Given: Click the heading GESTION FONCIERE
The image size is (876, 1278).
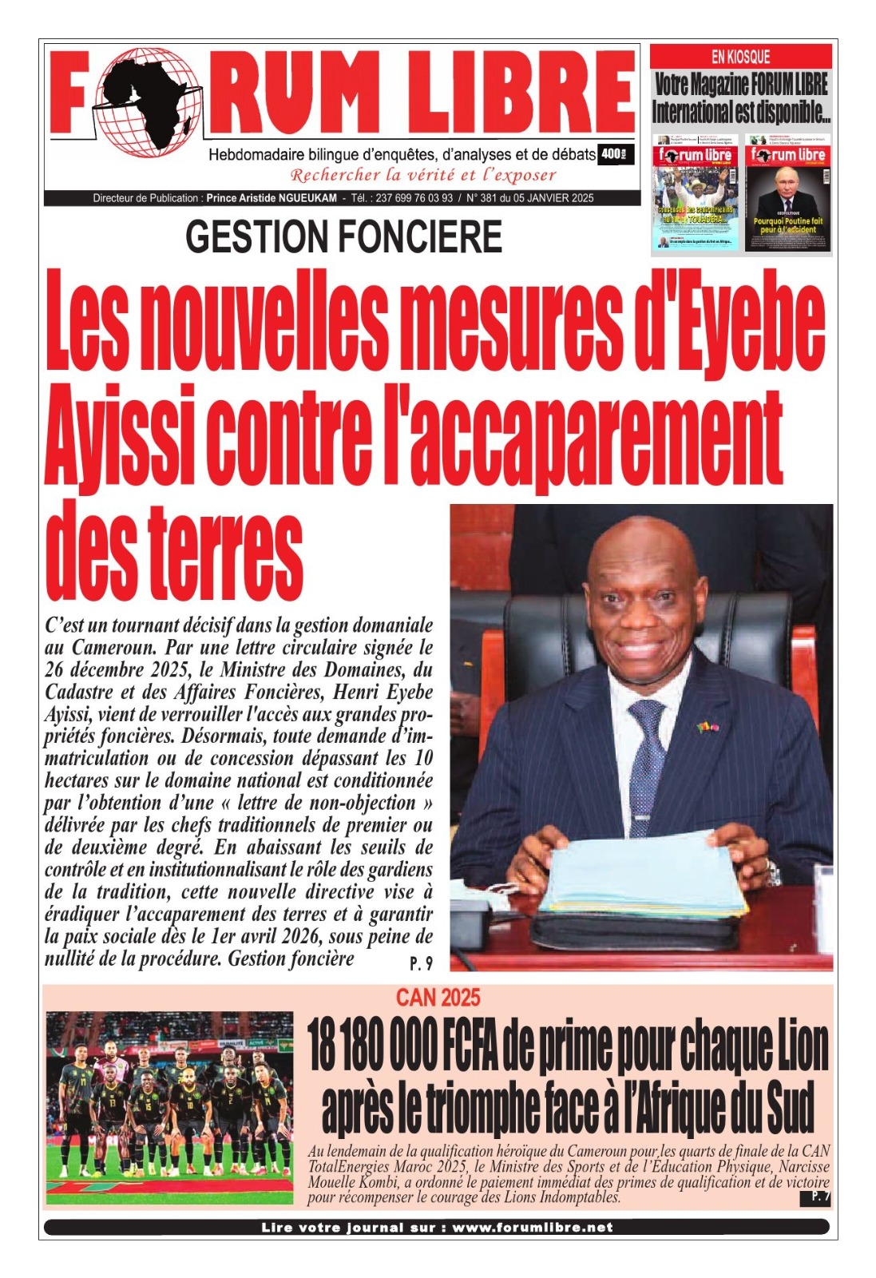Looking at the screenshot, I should pos(344,237).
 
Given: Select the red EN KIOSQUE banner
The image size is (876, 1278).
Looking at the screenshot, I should pos(740,56).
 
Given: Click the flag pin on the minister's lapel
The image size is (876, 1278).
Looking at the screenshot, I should pos(707,727).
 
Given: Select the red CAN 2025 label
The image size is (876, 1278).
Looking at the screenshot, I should pos(438,997).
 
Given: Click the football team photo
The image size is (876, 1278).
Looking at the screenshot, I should pos(169,1106).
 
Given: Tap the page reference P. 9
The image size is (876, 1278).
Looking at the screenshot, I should pos(421,963).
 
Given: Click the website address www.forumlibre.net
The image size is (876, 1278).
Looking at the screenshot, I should pos(533,1227).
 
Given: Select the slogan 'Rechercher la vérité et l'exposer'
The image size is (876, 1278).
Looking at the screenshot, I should pos(422,175).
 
